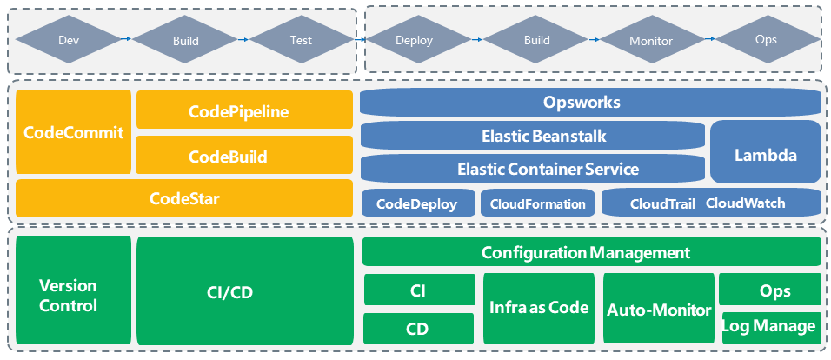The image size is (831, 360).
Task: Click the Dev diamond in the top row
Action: click(68, 40)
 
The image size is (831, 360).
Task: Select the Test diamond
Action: click(301, 40)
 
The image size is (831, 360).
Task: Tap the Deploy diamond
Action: click(414, 40)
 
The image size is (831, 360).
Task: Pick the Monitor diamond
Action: click(650, 40)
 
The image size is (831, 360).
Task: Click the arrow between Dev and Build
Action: click(125, 39)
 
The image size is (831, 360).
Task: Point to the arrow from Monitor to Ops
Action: click(708, 39)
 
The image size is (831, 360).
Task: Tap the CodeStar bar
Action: click(184, 198)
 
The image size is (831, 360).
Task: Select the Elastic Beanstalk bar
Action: click(532, 136)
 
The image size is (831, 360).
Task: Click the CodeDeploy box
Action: click(416, 203)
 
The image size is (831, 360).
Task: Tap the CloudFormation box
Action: click(538, 203)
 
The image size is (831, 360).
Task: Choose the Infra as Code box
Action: click(538, 308)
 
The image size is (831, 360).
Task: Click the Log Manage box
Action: click(770, 326)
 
